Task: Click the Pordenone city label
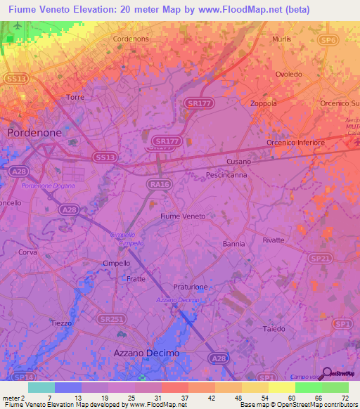coord(34,132)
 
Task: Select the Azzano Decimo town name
coord(146,352)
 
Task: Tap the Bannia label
coord(233,244)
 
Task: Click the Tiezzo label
coord(61,323)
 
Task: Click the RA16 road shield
coord(160,185)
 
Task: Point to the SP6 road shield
coord(347,41)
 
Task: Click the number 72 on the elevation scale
coord(345,397)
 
